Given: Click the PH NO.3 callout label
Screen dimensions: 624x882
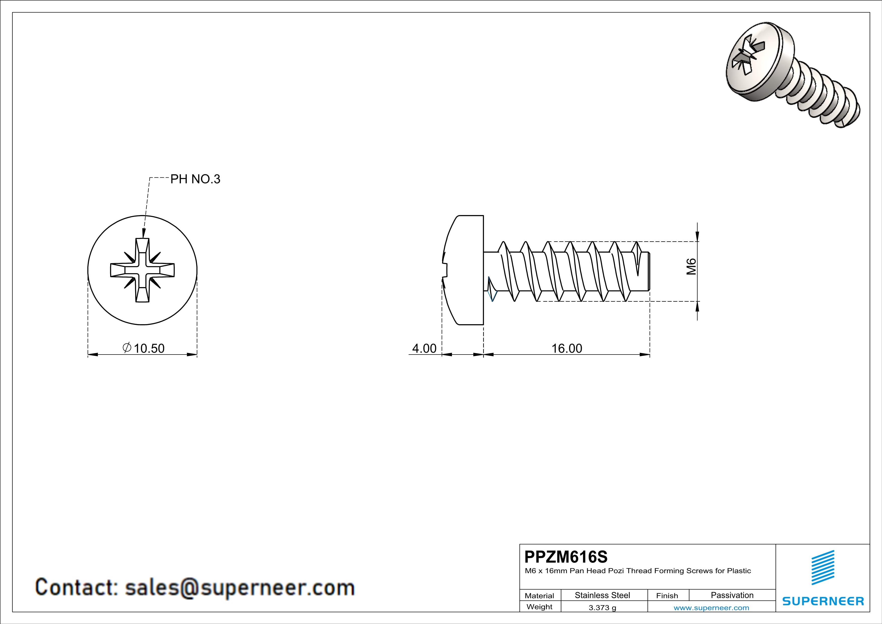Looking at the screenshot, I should pyautogui.click(x=195, y=179).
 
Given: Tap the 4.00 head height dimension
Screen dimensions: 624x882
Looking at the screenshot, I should pyautogui.click(x=424, y=348).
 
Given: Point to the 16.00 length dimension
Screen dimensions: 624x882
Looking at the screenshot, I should pyautogui.click(x=567, y=348).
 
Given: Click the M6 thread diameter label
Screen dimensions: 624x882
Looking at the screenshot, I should pyautogui.click(x=691, y=267).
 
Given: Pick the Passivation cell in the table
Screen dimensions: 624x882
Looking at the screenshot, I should pyautogui.click(x=732, y=595).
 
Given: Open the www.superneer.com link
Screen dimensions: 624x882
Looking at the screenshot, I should pyautogui.click(x=711, y=607).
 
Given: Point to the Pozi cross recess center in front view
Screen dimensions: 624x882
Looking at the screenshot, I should pyautogui.click(x=143, y=270).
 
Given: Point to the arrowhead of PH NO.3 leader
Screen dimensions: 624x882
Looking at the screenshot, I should pyautogui.click(x=144, y=233).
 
